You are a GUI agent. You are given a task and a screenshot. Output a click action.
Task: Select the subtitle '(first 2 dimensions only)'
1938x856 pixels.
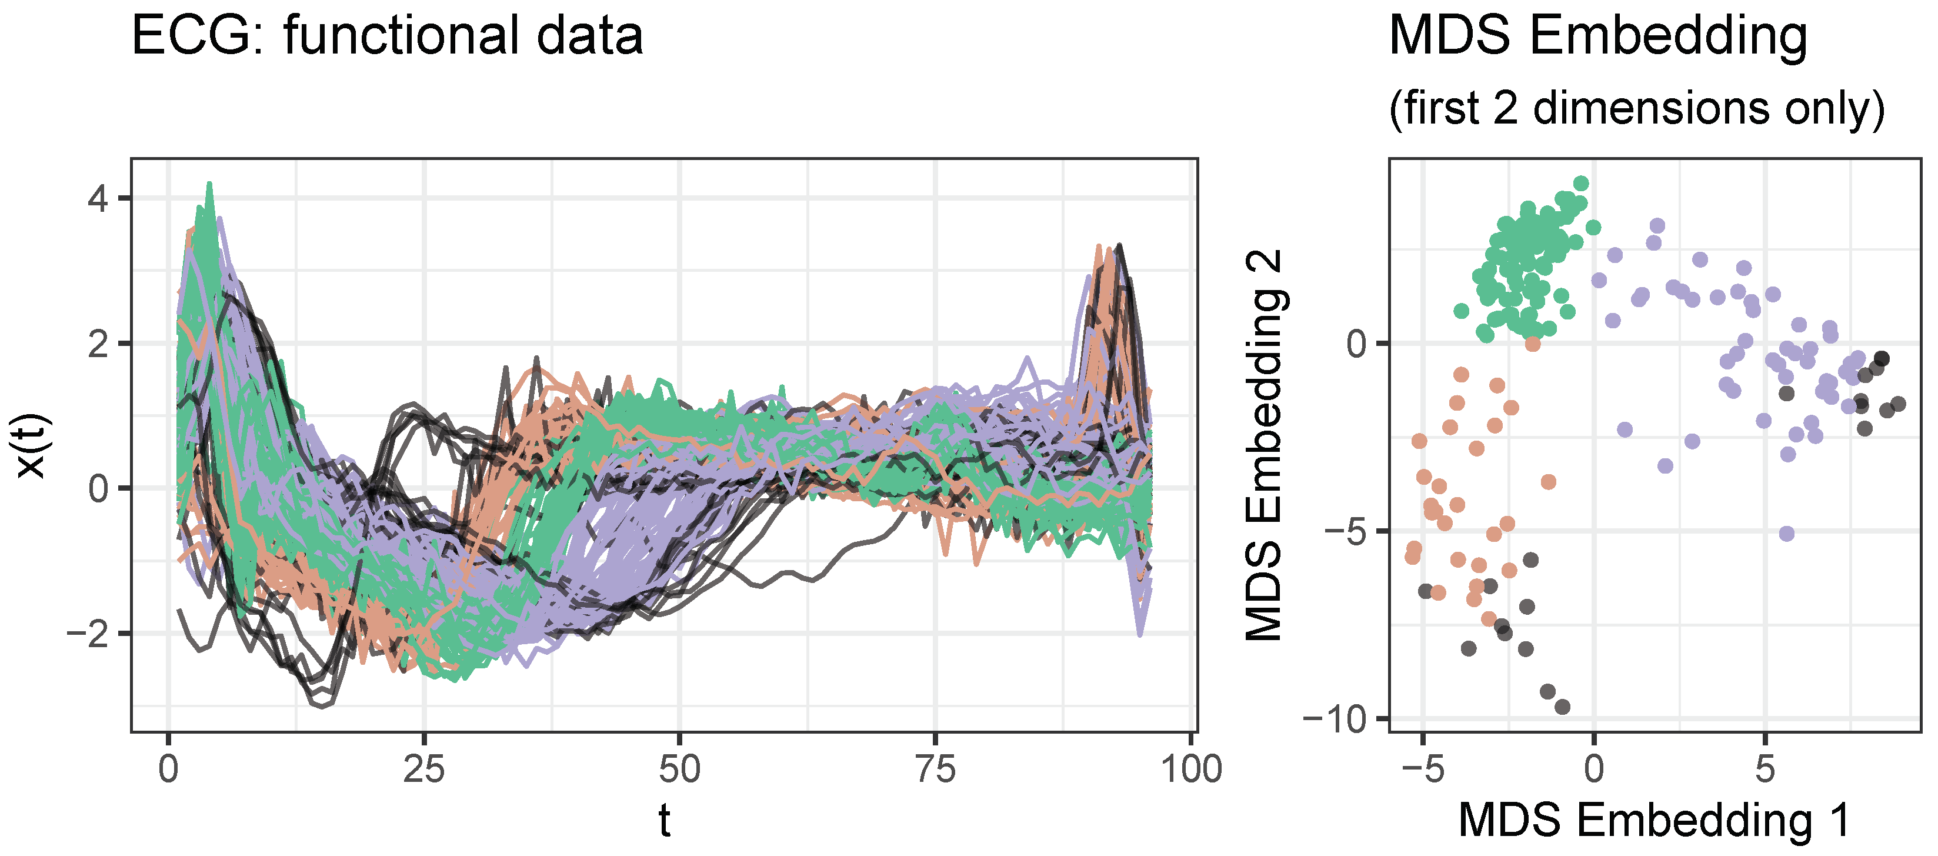tap(1636, 108)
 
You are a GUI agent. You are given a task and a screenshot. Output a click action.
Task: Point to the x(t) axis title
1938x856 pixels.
tap(32, 445)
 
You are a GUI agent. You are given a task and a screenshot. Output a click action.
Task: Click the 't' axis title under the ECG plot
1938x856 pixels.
tap(664, 821)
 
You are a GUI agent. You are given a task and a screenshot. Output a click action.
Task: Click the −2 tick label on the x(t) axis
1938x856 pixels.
tap(89, 634)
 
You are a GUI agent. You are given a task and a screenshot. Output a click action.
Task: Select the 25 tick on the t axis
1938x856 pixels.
tap(424, 770)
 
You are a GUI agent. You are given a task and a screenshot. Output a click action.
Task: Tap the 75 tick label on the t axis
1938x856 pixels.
tap(936, 770)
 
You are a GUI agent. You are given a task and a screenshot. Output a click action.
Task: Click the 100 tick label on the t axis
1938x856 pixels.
tap(1192, 770)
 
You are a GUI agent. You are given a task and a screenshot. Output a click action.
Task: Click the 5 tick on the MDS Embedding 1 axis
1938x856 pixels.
tap(1765, 770)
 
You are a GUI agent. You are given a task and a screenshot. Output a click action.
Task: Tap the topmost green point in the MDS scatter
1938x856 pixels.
tap(1582, 184)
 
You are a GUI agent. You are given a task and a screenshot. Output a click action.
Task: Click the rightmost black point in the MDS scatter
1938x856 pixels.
tap(1898, 404)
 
